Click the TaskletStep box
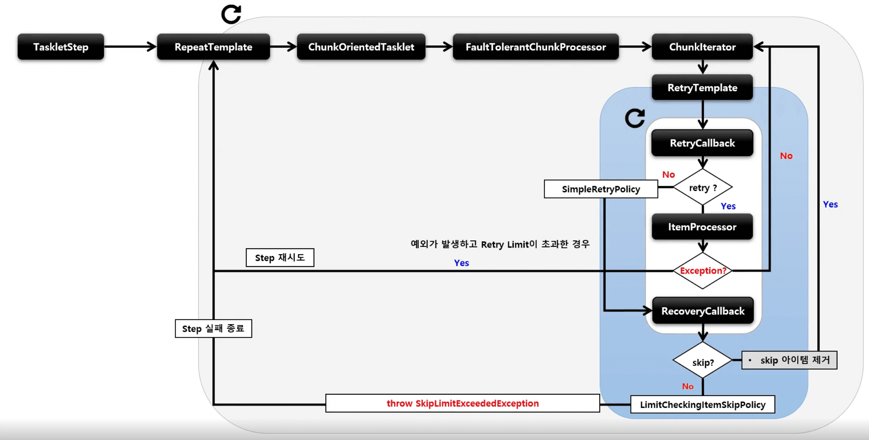coord(61,47)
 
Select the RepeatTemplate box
coord(213,47)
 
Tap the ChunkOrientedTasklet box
coord(361,47)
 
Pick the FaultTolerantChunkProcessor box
coord(536,47)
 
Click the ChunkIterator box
coord(702,47)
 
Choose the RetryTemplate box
coord(702,88)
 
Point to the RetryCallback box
coord(702,143)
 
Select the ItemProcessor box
coord(702,227)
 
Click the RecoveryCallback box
coord(703,311)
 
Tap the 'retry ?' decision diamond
coord(703,187)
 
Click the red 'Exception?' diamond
coord(703,271)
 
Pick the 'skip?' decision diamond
coord(703,361)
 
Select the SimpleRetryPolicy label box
coord(601,189)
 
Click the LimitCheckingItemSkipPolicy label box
coord(702,405)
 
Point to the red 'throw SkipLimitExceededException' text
coord(462,404)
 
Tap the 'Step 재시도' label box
coord(280,258)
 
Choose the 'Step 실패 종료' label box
coord(213,329)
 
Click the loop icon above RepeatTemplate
coord(231,14)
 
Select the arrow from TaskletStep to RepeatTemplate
coord(130,47)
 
